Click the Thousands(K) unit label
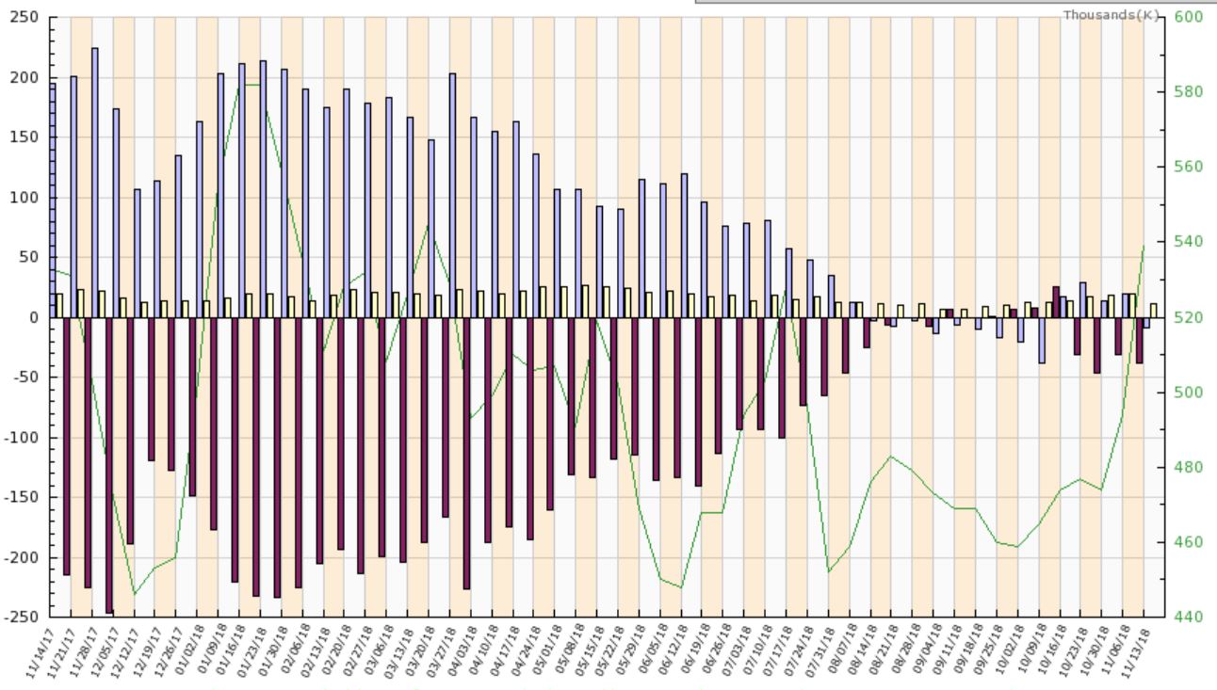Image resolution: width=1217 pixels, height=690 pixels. (1103, 16)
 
